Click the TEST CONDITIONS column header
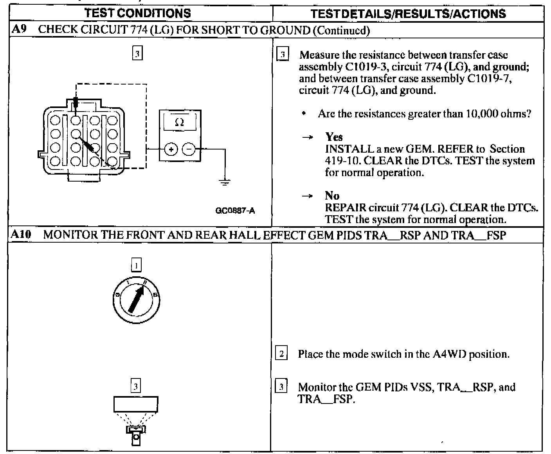tap(138, 13)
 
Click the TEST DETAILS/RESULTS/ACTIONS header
tap(408, 14)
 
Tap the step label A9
tap(18, 29)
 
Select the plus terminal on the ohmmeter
tap(171, 149)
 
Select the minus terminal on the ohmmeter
tap(189, 149)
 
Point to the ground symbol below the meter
tap(225, 182)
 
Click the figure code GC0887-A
tap(235, 211)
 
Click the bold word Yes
tap(334, 137)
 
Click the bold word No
tap(332, 196)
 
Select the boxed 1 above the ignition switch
tap(136, 266)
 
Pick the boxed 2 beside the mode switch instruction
tap(281, 354)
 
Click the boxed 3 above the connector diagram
tap(137, 54)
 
